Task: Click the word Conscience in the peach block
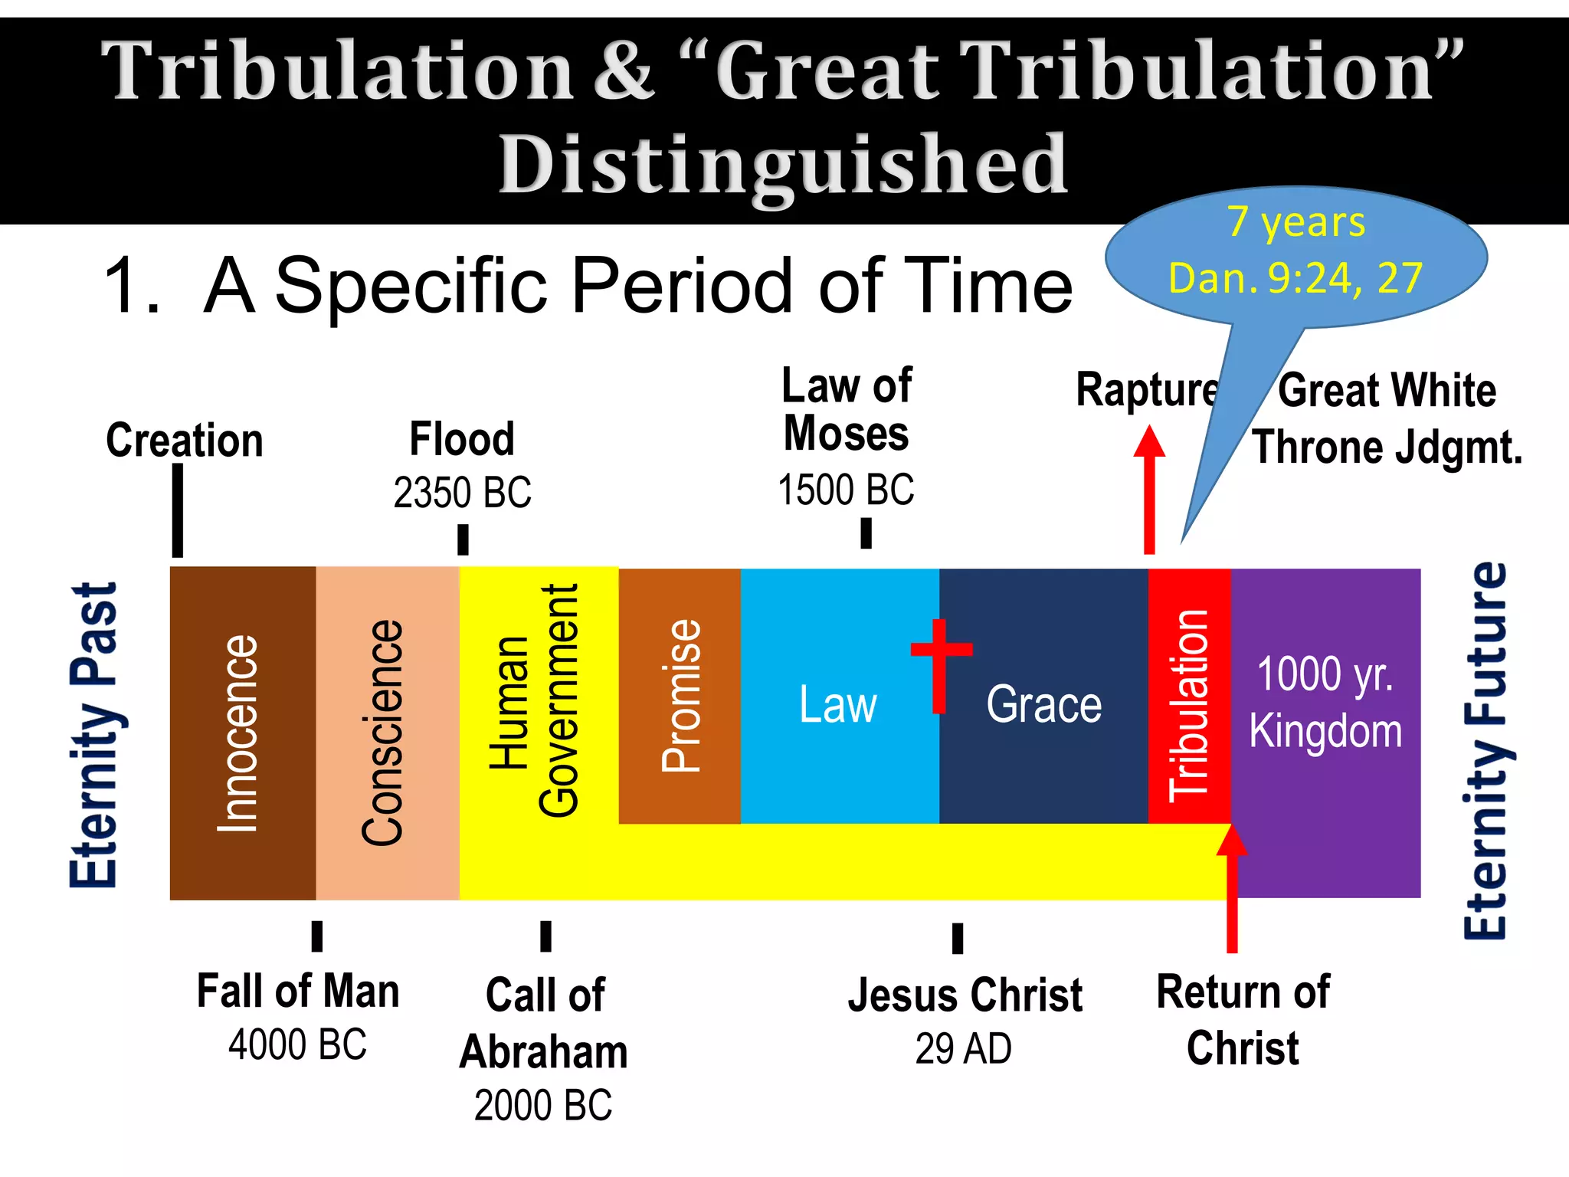pyautogui.click(x=382, y=732)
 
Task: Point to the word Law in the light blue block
pyautogui.click(x=837, y=704)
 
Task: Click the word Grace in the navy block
pyautogui.click(x=1043, y=704)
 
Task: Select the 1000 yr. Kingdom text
pyautogui.click(x=1325, y=701)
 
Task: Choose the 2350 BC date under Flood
pyautogui.click(x=462, y=492)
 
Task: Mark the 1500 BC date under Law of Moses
pyautogui.click(x=846, y=490)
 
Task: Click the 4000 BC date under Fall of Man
pyautogui.click(x=297, y=1044)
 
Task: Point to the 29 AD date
pyautogui.click(x=963, y=1048)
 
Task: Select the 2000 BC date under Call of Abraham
pyautogui.click(x=543, y=1105)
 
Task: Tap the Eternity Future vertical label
pyautogui.click(x=1485, y=751)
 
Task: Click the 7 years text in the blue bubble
pyautogui.click(x=1296, y=222)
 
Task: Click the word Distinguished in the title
pyautogui.click(x=783, y=164)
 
